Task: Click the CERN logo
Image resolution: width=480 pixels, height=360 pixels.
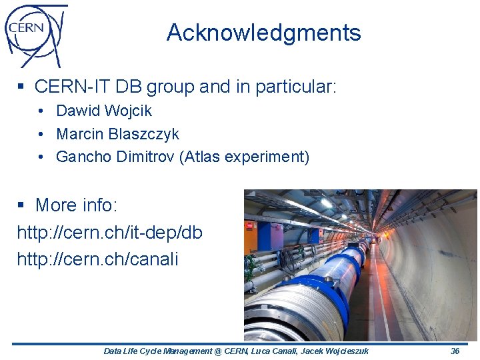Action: coord(35,34)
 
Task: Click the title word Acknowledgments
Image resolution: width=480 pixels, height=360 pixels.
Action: coord(263,33)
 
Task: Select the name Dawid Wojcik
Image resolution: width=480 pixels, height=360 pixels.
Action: coord(104,111)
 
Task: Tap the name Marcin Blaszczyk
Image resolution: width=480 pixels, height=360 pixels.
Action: coord(117,134)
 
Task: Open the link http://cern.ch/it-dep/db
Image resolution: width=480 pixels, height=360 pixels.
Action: coord(109,233)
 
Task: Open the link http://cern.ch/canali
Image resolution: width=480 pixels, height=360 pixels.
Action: coord(97,259)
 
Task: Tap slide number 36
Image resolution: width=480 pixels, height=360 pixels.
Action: coord(455,351)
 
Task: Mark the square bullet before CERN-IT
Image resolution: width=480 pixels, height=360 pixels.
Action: coord(22,87)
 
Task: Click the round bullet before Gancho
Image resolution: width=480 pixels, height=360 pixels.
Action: coord(41,157)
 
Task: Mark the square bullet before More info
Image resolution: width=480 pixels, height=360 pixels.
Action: coord(22,205)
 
